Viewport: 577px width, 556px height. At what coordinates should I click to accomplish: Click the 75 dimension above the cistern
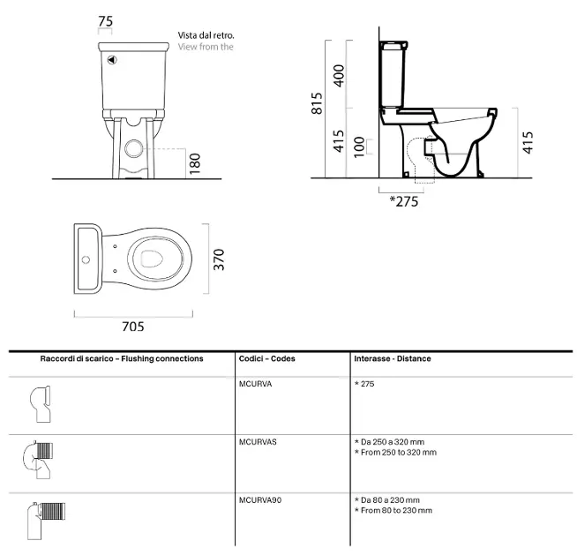(105, 21)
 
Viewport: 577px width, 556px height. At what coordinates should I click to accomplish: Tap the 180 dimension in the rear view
(195, 163)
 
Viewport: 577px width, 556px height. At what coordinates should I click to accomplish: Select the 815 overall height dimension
(317, 103)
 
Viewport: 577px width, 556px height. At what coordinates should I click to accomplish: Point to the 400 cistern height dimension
(339, 76)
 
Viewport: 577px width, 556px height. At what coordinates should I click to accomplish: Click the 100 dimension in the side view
(359, 147)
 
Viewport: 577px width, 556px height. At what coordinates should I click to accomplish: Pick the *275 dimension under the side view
(404, 201)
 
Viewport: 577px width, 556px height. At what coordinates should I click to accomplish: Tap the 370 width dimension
(219, 259)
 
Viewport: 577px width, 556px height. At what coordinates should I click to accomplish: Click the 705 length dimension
(133, 327)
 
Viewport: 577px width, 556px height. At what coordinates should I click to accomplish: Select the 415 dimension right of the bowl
(528, 142)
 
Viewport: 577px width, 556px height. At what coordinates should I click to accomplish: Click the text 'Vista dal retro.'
(206, 35)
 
